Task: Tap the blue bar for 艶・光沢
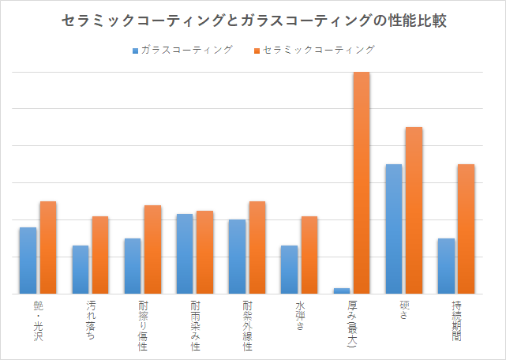pyautogui.click(x=28, y=261)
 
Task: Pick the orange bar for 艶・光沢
pyautogui.click(x=48, y=247)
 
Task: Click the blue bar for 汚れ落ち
pyautogui.click(x=80, y=269)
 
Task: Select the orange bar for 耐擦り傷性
pyautogui.click(x=152, y=249)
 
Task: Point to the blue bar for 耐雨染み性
pyautogui.click(x=184, y=253)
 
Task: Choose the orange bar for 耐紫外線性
pyautogui.click(x=257, y=247)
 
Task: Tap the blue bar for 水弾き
pyautogui.click(x=289, y=269)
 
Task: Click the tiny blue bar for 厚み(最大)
pyautogui.click(x=341, y=291)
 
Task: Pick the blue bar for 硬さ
pyautogui.click(x=393, y=229)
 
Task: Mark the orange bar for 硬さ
pyautogui.click(x=414, y=210)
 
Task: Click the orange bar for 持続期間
pyautogui.click(x=466, y=229)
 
